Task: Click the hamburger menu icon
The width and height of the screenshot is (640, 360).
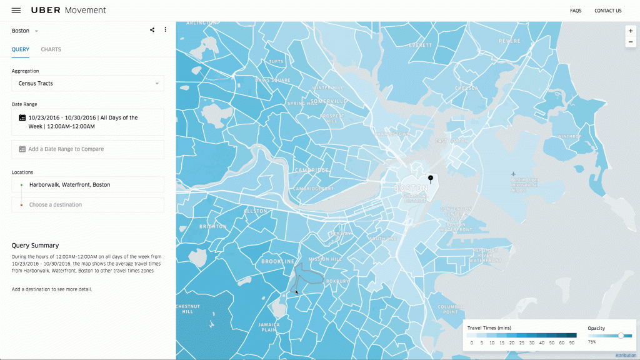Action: (x=16, y=11)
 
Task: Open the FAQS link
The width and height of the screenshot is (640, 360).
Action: (x=576, y=11)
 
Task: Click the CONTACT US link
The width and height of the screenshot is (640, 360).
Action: (x=607, y=11)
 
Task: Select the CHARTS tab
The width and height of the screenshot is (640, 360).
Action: (x=51, y=49)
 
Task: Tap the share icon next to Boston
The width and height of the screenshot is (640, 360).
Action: (x=152, y=30)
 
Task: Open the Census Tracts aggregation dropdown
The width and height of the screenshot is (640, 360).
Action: (x=87, y=83)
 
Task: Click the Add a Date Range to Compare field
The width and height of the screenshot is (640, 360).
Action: (x=87, y=149)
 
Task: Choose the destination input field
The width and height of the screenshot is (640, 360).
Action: (x=87, y=205)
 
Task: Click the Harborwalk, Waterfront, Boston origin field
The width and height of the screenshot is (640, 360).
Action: (x=87, y=184)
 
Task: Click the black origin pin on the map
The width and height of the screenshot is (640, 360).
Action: (x=430, y=179)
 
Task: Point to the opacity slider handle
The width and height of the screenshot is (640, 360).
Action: (x=621, y=336)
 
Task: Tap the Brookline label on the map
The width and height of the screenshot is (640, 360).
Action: (x=277, y=261)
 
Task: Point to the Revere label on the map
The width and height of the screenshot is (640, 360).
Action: (x=509, y=41)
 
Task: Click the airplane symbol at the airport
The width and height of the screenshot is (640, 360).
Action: (x=513, y=173)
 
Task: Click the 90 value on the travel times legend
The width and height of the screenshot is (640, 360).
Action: (x=572, y=343)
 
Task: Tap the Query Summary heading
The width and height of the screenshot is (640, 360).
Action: (x=35, y=246)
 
